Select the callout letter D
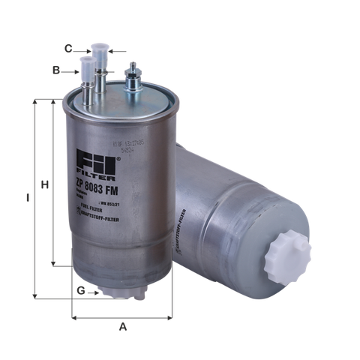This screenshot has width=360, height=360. point(57,70)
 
